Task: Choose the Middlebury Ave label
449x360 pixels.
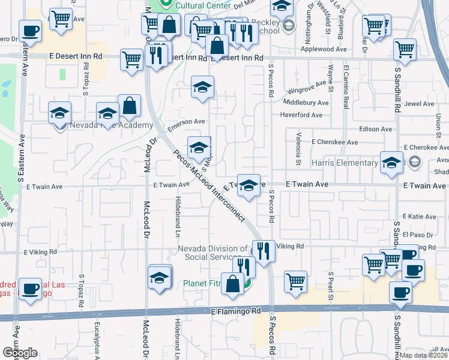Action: (x=305, y=103)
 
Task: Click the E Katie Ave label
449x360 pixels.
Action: (x=420, y=216)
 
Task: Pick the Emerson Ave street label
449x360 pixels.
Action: (x=187, y=124)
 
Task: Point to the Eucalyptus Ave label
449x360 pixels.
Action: (x=96, y=335)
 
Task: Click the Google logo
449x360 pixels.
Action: (x=20, y=353)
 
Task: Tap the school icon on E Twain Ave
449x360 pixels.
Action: (x=248, y=186)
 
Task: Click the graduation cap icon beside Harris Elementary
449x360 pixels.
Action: (x=391, y=162)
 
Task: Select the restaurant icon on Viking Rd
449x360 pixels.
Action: (x=263, y=250)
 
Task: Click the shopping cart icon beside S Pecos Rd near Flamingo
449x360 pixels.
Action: (x=295, y=280)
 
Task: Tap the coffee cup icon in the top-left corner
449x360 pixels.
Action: (x=30, y=30)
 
